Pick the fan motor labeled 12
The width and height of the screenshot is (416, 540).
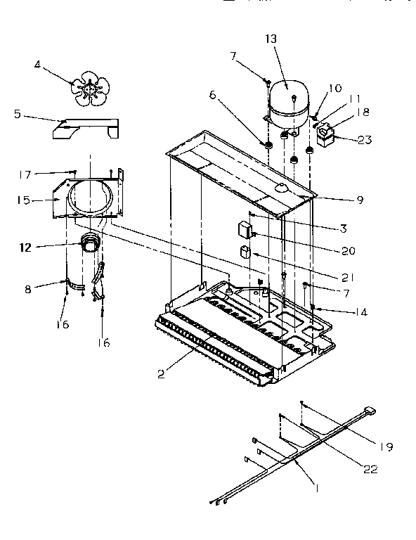point(89,243)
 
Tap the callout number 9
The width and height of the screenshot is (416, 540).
point(359,200)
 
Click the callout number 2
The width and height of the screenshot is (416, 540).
point(162,373)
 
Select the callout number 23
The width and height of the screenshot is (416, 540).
point(364,139)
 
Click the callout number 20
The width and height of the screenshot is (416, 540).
point(349,250)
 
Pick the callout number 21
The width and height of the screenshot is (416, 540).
point(349,276)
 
